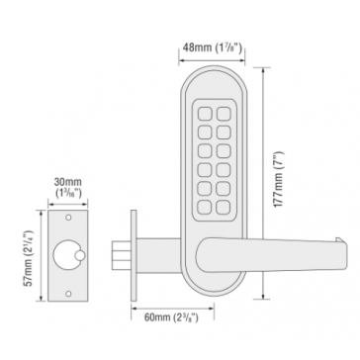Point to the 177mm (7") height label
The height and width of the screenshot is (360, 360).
click(x=279, y=179)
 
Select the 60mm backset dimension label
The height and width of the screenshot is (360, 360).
click(x=171, y=317)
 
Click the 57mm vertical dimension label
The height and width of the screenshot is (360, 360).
click(x=30, y=258)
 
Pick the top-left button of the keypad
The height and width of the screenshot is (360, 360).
click(x=205, y=114)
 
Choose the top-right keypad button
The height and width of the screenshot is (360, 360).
click(x=224, y=114)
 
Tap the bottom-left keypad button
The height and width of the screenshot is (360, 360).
click(x=205, y=207)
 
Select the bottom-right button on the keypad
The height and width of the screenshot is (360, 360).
click(x=224, y=207)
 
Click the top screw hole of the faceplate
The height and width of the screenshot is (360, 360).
click(x=68, y=218)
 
